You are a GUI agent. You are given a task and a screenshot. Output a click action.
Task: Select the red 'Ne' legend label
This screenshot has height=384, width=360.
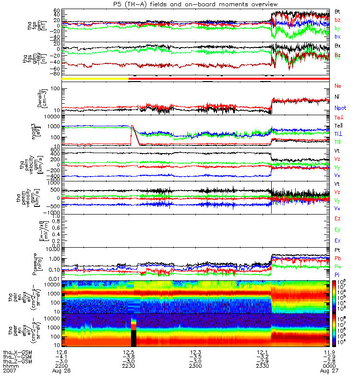click(338, 86)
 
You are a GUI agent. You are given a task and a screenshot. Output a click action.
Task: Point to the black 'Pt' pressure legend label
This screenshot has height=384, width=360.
click(337, 251)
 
